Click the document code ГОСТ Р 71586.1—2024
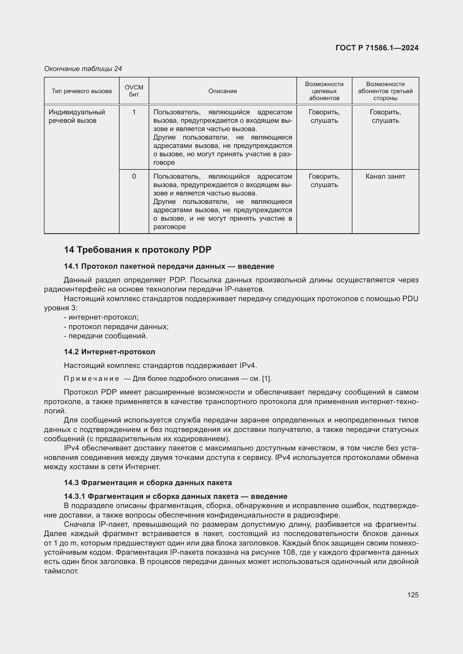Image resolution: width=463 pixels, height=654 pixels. point(377,48)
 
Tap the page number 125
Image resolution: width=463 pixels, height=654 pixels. point(413,595)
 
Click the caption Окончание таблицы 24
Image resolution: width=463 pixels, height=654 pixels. point(83,69)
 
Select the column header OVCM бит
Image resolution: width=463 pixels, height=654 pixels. point(134,91)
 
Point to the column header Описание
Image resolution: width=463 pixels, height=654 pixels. point(223,91)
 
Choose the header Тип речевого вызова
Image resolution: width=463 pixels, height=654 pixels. point(81,91)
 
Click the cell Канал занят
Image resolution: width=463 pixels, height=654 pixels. point(385,177)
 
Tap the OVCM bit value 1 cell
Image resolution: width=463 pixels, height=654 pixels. point(134,112)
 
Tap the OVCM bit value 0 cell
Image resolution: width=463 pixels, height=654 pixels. point(134,177)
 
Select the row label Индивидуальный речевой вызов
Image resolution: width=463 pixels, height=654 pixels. point(77,116)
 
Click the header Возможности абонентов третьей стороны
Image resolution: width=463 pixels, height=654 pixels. point(385,91)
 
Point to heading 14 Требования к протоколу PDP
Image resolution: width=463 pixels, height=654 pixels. point(138,250)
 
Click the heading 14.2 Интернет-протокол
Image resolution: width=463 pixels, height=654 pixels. point(109,352)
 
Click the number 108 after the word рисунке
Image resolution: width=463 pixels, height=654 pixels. point(289,553)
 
